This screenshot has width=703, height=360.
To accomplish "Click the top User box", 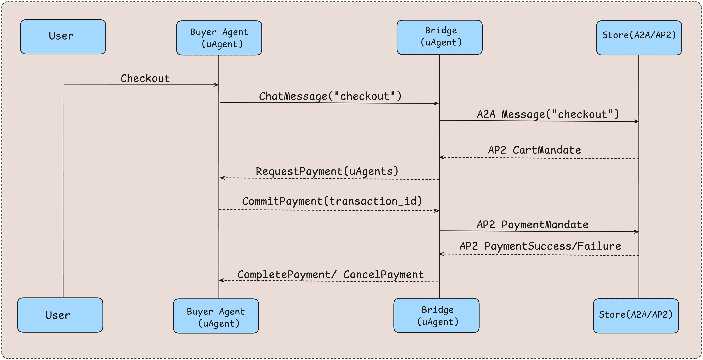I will pos(63,37).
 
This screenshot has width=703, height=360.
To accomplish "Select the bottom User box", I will pos(60,315).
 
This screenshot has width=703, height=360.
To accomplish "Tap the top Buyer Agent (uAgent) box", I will pos(219,38).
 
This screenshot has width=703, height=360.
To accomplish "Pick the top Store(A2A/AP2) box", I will pos(639,38).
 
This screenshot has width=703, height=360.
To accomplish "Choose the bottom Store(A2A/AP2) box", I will pos(636,316).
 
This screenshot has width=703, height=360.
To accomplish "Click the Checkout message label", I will pos(145,78).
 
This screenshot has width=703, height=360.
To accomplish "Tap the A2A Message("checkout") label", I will pos(548,114).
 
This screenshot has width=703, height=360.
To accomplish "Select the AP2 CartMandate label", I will pos(534,150).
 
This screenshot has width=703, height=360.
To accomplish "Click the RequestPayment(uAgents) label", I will pos(327,171).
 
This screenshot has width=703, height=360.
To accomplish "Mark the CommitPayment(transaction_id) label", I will pos(332,201).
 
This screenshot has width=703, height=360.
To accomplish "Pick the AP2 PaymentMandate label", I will pos(532,225).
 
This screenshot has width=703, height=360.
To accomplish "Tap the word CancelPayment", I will pos(383,274).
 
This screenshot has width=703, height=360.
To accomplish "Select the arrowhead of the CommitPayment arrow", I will pos(437,211).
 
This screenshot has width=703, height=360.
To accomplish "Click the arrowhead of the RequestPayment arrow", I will pos(222,178).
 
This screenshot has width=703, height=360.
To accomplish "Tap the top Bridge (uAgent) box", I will pos(439,37).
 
